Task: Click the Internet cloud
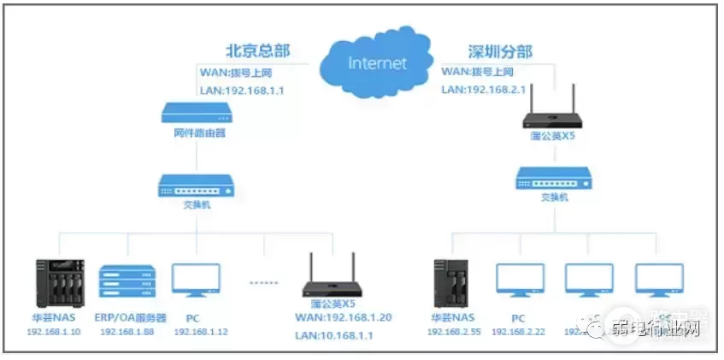[x=375, y=61]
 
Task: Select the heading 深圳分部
[x=500, y=52]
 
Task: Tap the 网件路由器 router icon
[x=197, y=112]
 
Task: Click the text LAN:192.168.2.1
[x=483, y=90]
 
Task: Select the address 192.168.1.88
[x=127, y=332]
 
